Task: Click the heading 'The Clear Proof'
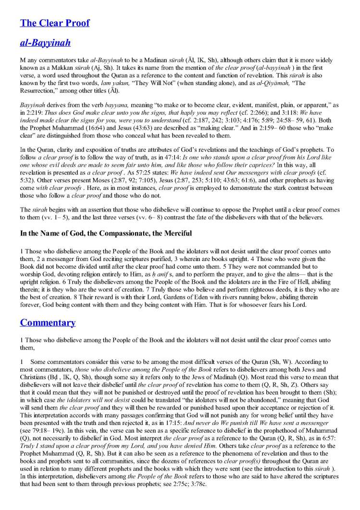point(54,23)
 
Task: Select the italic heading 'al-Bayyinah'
point(45,43)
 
